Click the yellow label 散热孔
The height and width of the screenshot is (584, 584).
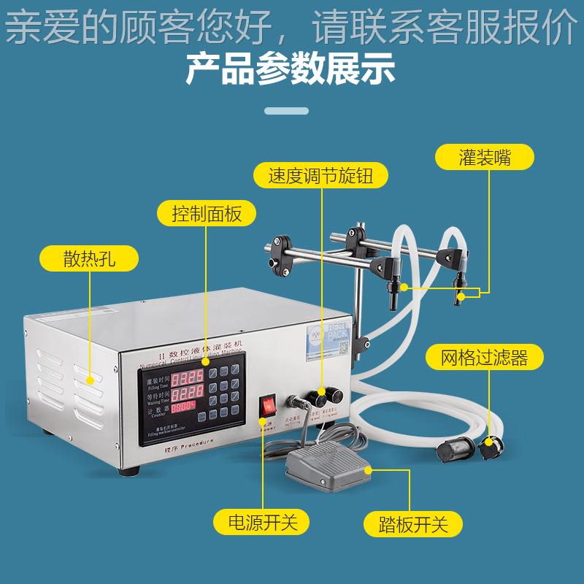point(89,259)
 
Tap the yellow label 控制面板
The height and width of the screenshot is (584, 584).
point(206,215)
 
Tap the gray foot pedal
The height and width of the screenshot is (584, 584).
point(325,462)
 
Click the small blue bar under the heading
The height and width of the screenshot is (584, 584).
point(291,111)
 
